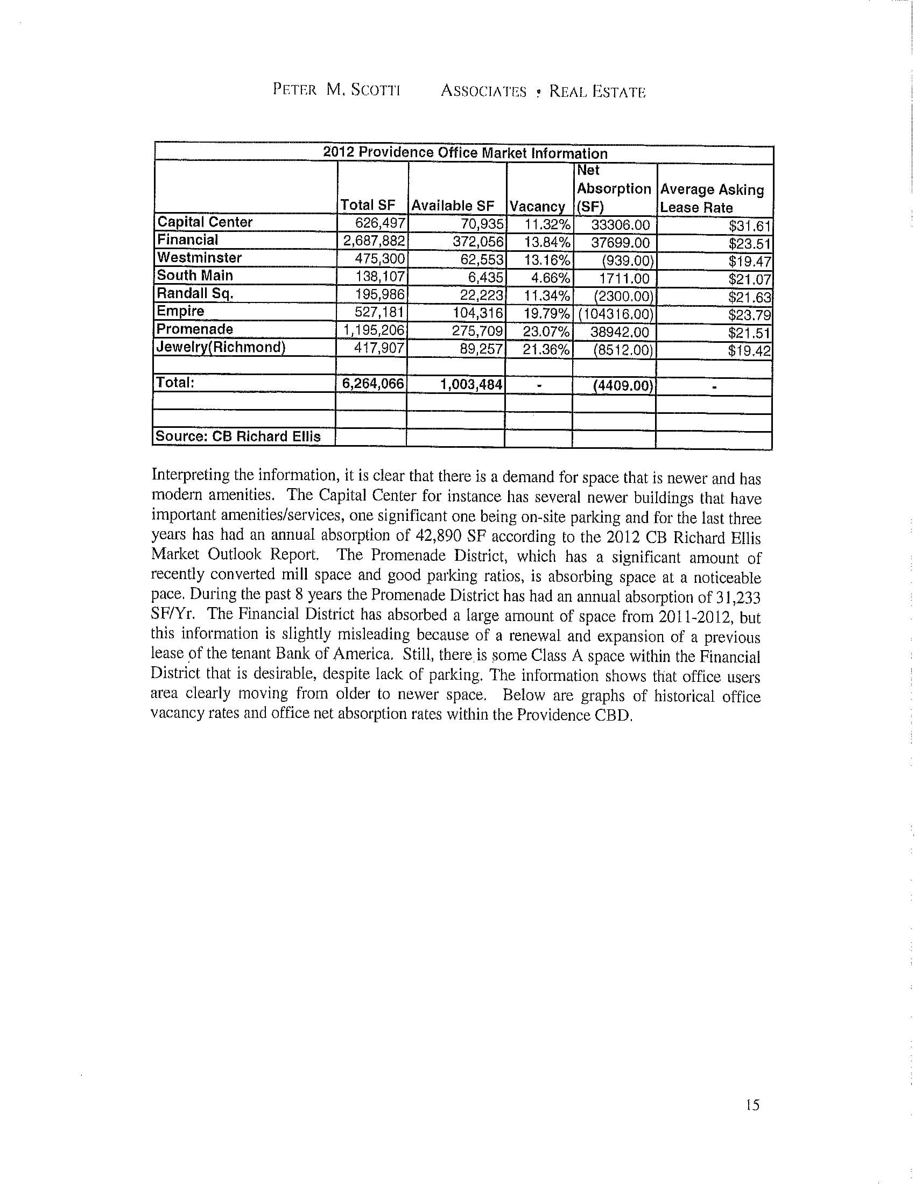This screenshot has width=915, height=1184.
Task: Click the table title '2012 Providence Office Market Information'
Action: pyautogui.click(x=464, y=153)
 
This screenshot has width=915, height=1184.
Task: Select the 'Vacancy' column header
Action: pyautogui.click(x=537, y=207)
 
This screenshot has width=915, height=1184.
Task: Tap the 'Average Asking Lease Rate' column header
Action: pyautogui.click(x=712, y=198)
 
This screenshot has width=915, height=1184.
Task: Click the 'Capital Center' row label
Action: pyautogui.click(x=205, y=222)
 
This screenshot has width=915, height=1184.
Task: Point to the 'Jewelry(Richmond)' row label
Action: pyautogui.click(x=221, y=347)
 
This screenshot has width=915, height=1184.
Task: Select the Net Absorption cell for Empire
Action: pyautogui.click(x=616, y=314)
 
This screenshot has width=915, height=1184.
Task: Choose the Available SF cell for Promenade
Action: pyautogui.click(x=477, y=332)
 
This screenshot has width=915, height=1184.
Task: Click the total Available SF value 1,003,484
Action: pyautogui.click(x=471, y=384)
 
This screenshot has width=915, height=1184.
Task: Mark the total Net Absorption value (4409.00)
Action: pyautogui.click(x=622, y=386)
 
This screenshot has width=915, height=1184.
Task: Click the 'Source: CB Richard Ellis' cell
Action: pyautogui.click(x=238, y=436)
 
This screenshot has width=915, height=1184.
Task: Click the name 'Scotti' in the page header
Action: pyautogui.click(x=375, y=90)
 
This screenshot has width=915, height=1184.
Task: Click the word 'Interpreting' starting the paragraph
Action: pyautogui.click(x=190, y=475)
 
